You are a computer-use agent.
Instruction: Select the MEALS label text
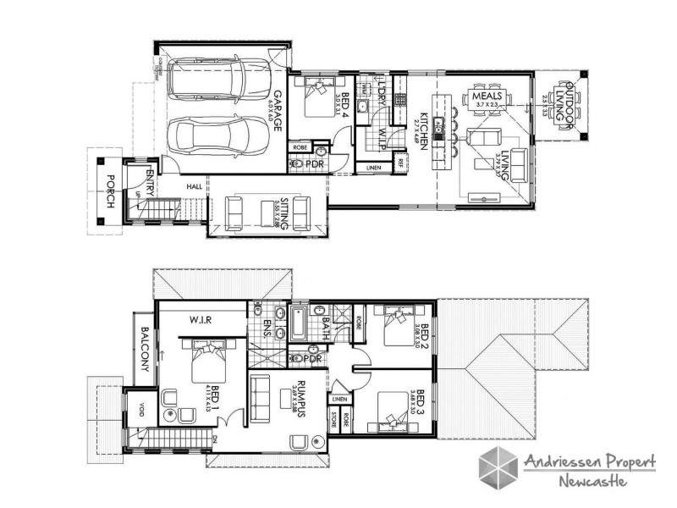pyautogui.click(x=487, y=97)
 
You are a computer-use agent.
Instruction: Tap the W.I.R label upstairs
pyautogui.click(x=201, y=319)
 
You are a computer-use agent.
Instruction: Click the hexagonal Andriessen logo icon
pyautogui.click(x=499, y=468)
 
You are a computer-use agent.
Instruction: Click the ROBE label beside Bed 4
pyautogui.click(x=300, y=146)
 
